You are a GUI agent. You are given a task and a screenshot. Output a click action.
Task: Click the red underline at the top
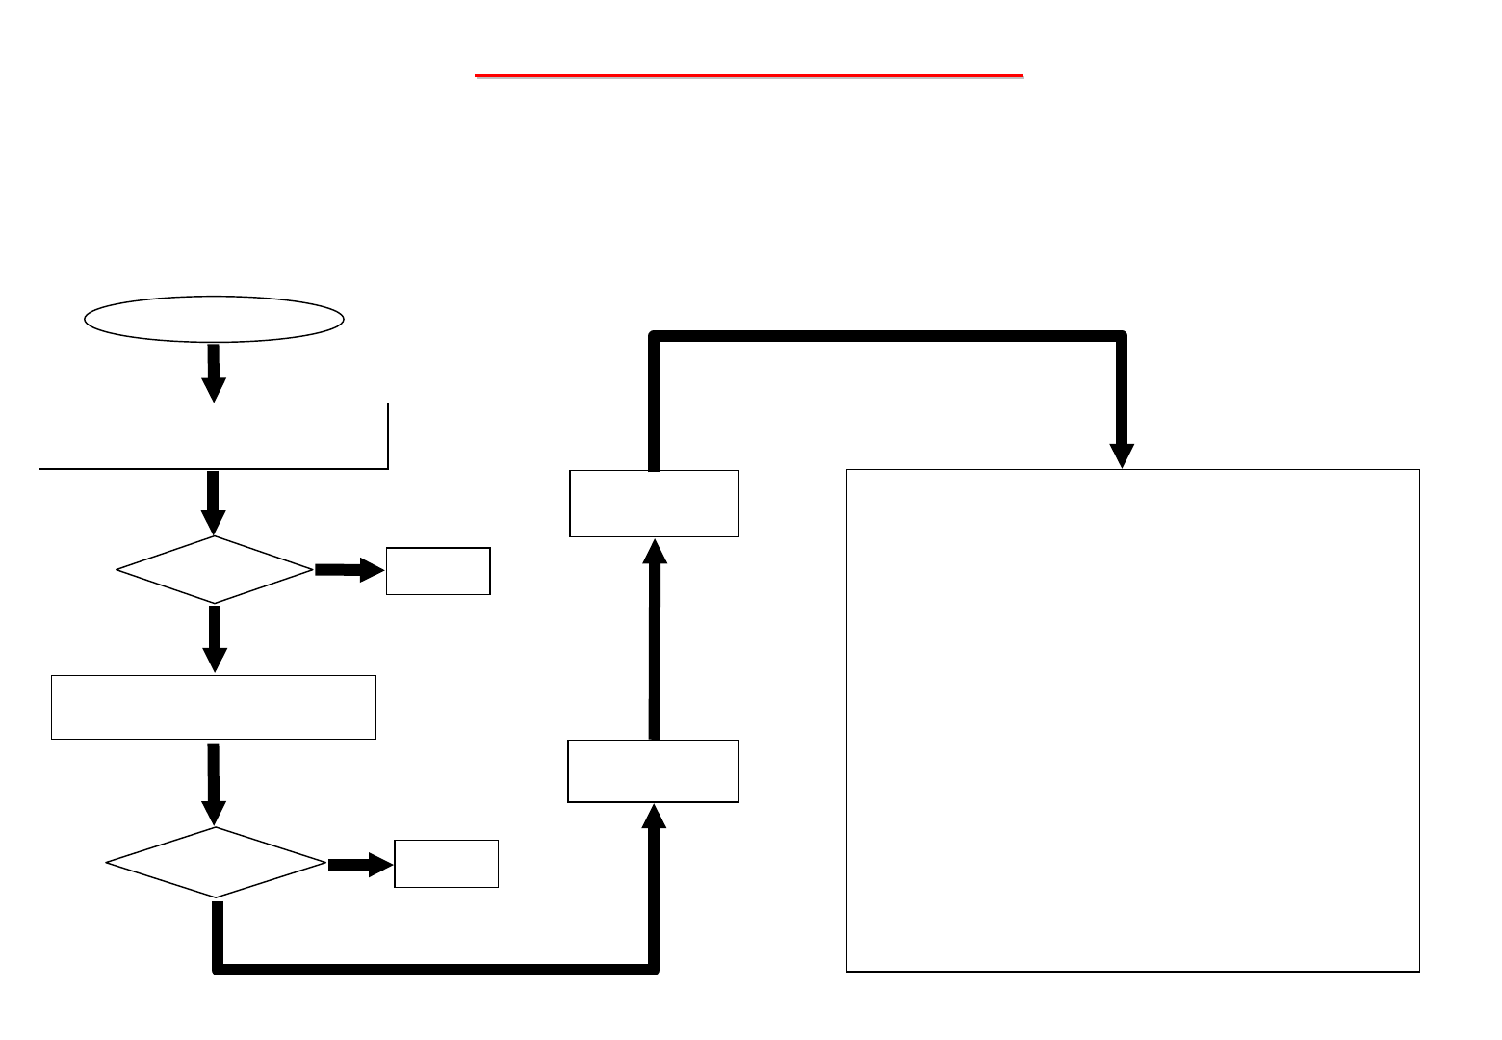(748, 74)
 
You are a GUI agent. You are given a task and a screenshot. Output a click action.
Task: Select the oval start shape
(214, 319)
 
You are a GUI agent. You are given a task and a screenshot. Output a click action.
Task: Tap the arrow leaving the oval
(214, 372)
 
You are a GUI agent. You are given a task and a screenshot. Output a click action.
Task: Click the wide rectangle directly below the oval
(213, 436)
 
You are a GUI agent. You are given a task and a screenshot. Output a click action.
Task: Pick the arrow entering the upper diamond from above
(214, 501)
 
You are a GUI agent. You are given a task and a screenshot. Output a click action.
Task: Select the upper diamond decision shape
(215, 570)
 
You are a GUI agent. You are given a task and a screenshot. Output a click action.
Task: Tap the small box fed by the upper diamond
(438, 571)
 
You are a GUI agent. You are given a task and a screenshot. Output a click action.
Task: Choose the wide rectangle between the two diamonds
(213, 707)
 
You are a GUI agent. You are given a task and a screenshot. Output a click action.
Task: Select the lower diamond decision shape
(216, 863)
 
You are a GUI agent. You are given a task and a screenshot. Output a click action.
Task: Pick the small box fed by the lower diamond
(446, 864)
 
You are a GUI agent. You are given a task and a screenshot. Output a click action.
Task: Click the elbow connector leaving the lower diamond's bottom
(433, 968)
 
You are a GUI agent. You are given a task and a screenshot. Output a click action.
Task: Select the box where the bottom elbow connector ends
(653, 771)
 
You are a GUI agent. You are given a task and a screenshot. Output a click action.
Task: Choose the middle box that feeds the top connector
(654, 504)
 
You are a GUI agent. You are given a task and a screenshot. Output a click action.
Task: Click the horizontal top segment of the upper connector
(886, 336)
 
